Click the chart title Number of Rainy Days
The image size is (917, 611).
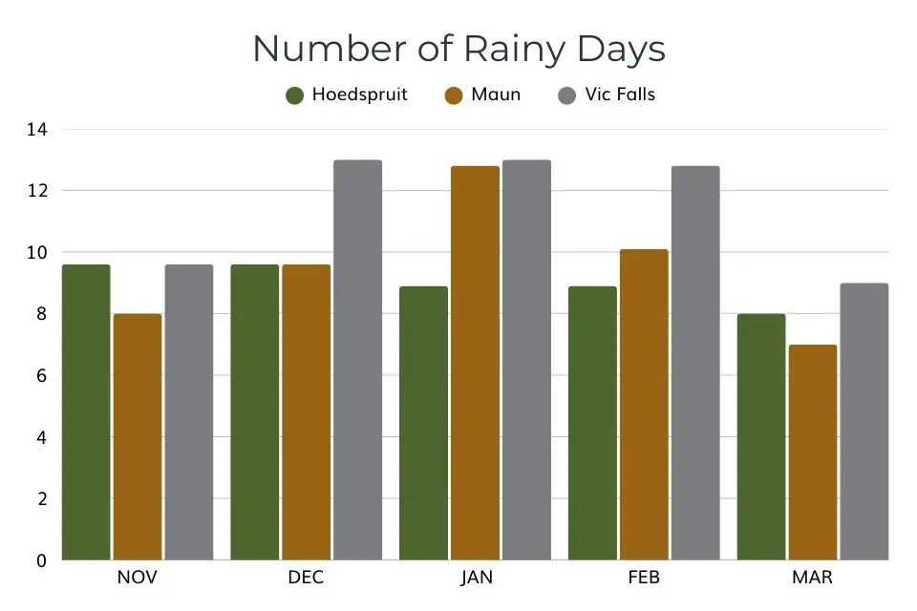458,49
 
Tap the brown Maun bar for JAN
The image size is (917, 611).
475,363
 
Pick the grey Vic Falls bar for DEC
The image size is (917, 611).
357,360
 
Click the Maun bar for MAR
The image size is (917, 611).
813,453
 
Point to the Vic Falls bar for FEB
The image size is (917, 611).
694,363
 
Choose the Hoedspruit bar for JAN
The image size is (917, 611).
423,423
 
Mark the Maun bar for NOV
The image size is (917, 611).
138,437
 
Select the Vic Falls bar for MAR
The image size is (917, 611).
864,422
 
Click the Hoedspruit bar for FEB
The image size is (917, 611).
592,423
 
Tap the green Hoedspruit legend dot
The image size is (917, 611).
295,95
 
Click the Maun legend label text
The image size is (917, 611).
495,95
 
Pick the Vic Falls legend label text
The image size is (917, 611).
620,95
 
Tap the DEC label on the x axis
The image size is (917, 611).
306,579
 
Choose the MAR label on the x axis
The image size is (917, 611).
812,579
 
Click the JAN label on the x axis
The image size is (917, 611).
475,579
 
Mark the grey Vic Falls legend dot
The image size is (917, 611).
567,95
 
